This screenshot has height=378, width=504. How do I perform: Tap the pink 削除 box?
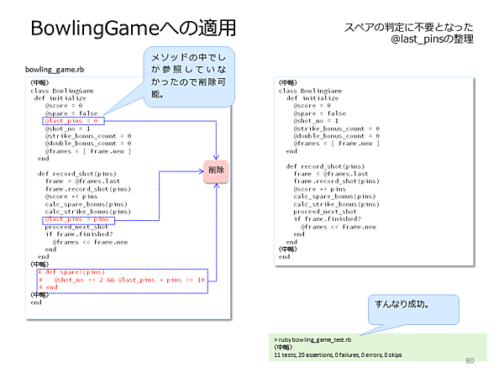[216, 171]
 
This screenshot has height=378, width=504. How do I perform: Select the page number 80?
[470, 361]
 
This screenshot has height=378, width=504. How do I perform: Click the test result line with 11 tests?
[337, 354]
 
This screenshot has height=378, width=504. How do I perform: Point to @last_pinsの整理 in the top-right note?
[433, 39]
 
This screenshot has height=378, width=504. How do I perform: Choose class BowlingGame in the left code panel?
[64, 90]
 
